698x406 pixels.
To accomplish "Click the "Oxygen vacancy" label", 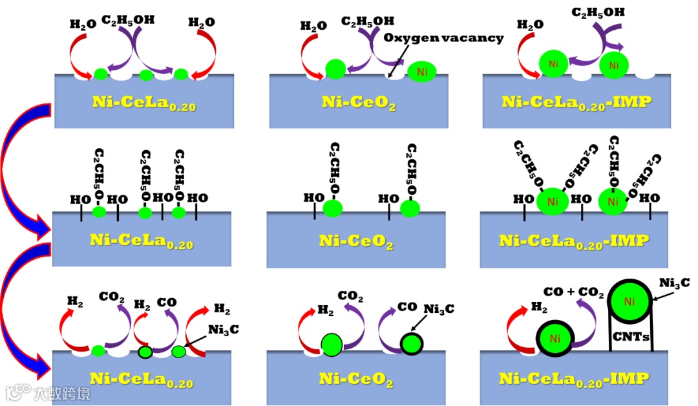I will pos(443,38).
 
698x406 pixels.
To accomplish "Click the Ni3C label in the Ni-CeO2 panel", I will pos(439,309).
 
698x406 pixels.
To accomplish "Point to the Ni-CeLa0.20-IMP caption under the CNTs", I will pos(575,379).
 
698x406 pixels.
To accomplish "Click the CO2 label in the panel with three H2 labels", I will pos(111,298).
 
